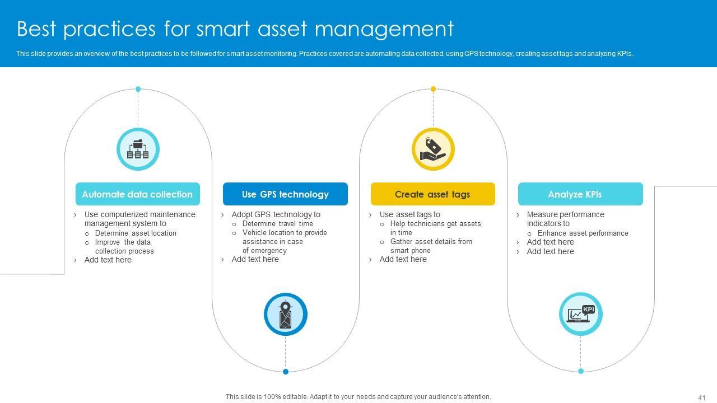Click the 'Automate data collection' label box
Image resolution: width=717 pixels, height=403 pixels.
click(137, 194)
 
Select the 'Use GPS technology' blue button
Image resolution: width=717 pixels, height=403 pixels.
click(285, 194)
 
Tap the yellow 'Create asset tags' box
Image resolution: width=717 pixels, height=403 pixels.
click(432, 194)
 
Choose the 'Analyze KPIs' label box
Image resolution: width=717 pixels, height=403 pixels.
click(580, 194)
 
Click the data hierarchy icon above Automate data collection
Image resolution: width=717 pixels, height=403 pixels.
click(138, 149)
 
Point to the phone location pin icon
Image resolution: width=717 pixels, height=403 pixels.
click(286, 315)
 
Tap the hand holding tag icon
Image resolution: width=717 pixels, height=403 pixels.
click(433, 149)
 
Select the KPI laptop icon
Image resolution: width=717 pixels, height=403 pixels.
click(580, 314)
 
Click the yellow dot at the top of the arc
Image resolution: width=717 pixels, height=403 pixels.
click(433, 89)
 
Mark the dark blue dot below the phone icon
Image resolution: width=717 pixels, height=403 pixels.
click(286, 372)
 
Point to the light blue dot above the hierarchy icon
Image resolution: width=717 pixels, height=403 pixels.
click(138, 89)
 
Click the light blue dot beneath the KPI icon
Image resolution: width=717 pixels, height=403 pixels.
click(580, 371)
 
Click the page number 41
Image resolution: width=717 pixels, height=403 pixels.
click(701, 397)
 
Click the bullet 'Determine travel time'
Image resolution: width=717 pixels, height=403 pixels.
click(277, 223)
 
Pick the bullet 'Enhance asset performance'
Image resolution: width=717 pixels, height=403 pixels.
click(583, 233)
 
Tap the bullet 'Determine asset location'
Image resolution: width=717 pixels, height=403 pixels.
click(136, 233)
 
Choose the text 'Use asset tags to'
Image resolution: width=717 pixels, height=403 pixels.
click(409, 214)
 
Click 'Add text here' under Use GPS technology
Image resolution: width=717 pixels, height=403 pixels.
click(255, 259)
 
